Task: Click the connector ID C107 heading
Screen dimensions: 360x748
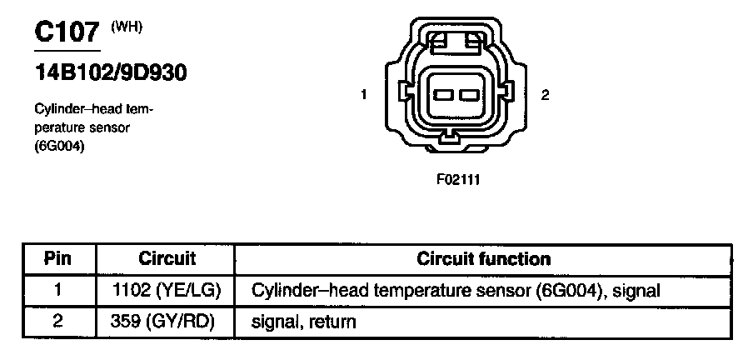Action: point(67,32)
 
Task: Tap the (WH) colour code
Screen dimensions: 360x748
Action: point(127,27)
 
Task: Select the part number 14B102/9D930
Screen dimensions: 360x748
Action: point(109,72)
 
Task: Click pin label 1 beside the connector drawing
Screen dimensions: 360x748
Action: point(364,95)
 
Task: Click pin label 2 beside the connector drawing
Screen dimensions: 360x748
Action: point(545,95)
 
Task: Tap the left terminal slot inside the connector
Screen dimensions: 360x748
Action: point(443,95)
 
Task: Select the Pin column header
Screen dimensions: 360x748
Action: point(58,259)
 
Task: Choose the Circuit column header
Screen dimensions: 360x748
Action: point(167,259)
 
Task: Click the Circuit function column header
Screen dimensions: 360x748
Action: point(483,259)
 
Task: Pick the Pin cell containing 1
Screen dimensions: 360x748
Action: point(58,290)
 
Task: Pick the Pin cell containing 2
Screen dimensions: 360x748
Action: point(58,321)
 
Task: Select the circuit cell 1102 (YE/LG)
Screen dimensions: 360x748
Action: point(167,290)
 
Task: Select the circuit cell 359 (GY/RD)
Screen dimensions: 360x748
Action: point(167,321)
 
